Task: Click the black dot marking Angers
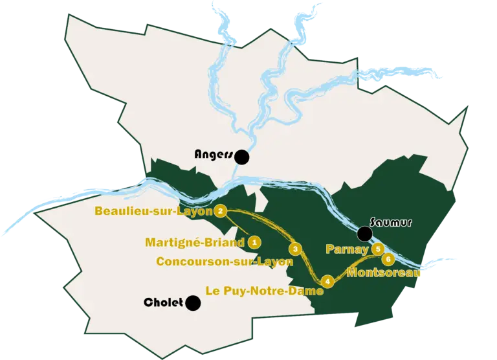point(243,156)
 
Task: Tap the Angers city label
point(214,155)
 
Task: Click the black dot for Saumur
point(365,233)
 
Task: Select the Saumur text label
point(392,222)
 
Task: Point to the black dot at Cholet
point(192,302)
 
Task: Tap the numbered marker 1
point(255,242)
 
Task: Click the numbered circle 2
point(221,210)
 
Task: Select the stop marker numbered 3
point(295,249)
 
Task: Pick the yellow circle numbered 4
point(328,281)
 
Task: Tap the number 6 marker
point(388,259)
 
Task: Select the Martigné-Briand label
point(195,243)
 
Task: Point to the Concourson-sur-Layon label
point(225,262)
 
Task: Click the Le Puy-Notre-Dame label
point(263,291)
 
